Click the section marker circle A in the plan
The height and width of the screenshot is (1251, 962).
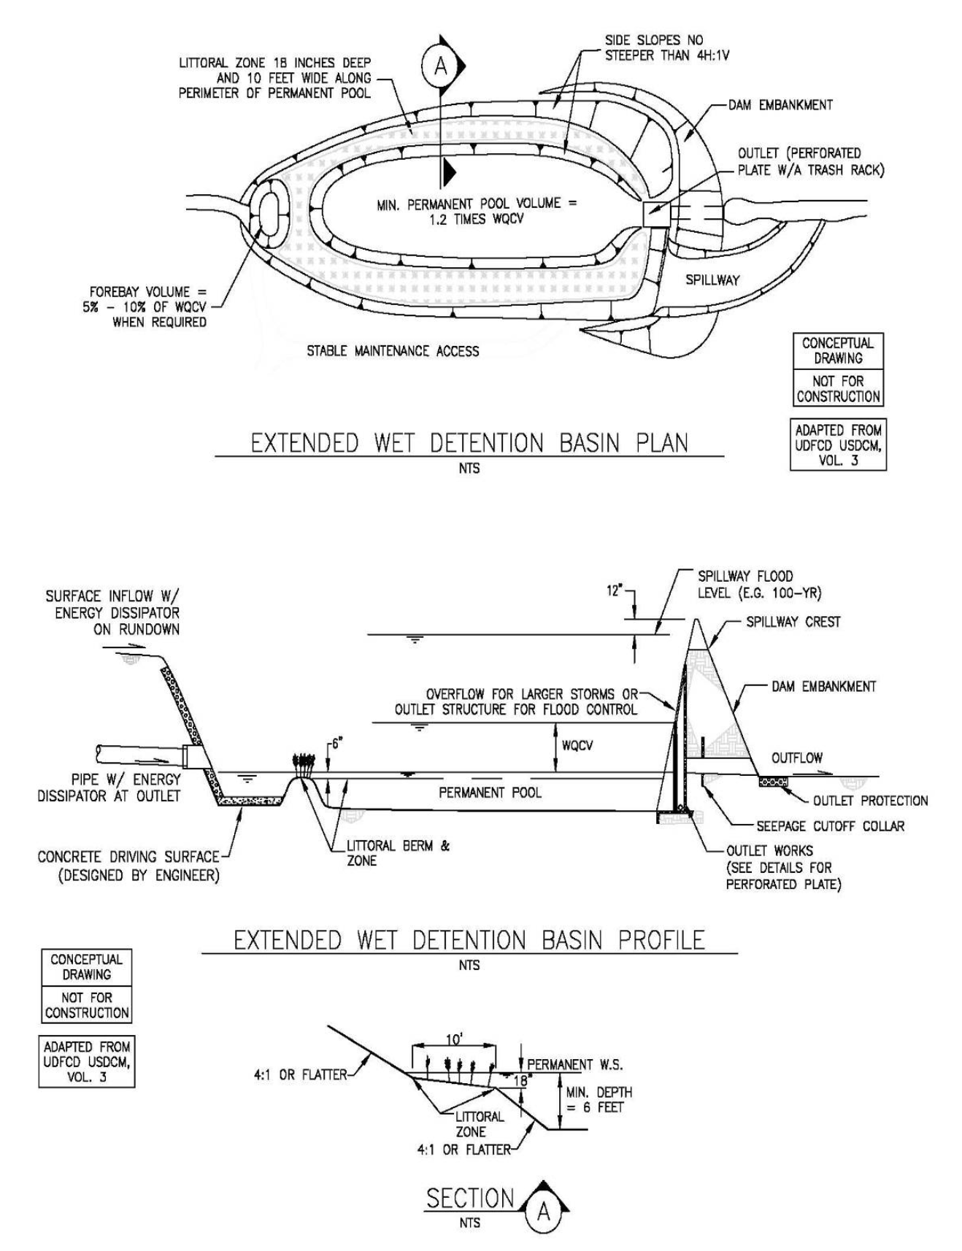click(440, 66)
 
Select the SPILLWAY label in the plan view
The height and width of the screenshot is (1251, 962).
click(712, 280)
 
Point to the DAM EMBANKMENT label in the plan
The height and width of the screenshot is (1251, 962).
click(780, 105)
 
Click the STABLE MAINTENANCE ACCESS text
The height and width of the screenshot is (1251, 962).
click(393, 351)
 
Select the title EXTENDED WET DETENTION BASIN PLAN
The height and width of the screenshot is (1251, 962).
click(469, 443)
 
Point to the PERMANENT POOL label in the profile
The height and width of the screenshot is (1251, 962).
click(490, 792)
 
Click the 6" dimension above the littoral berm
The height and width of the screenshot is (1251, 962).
click(336, 744)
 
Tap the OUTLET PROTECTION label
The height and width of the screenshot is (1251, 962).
click(870, 801)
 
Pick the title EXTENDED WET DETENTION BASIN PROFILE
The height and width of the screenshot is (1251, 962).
click(469, 940)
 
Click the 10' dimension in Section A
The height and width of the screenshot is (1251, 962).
click(454, 1039)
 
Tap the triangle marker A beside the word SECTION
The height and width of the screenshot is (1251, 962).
click(543, 1212)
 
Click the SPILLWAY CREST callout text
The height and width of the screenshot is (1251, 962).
click(793, 622)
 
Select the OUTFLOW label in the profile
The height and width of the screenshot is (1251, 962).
click(796, 758)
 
